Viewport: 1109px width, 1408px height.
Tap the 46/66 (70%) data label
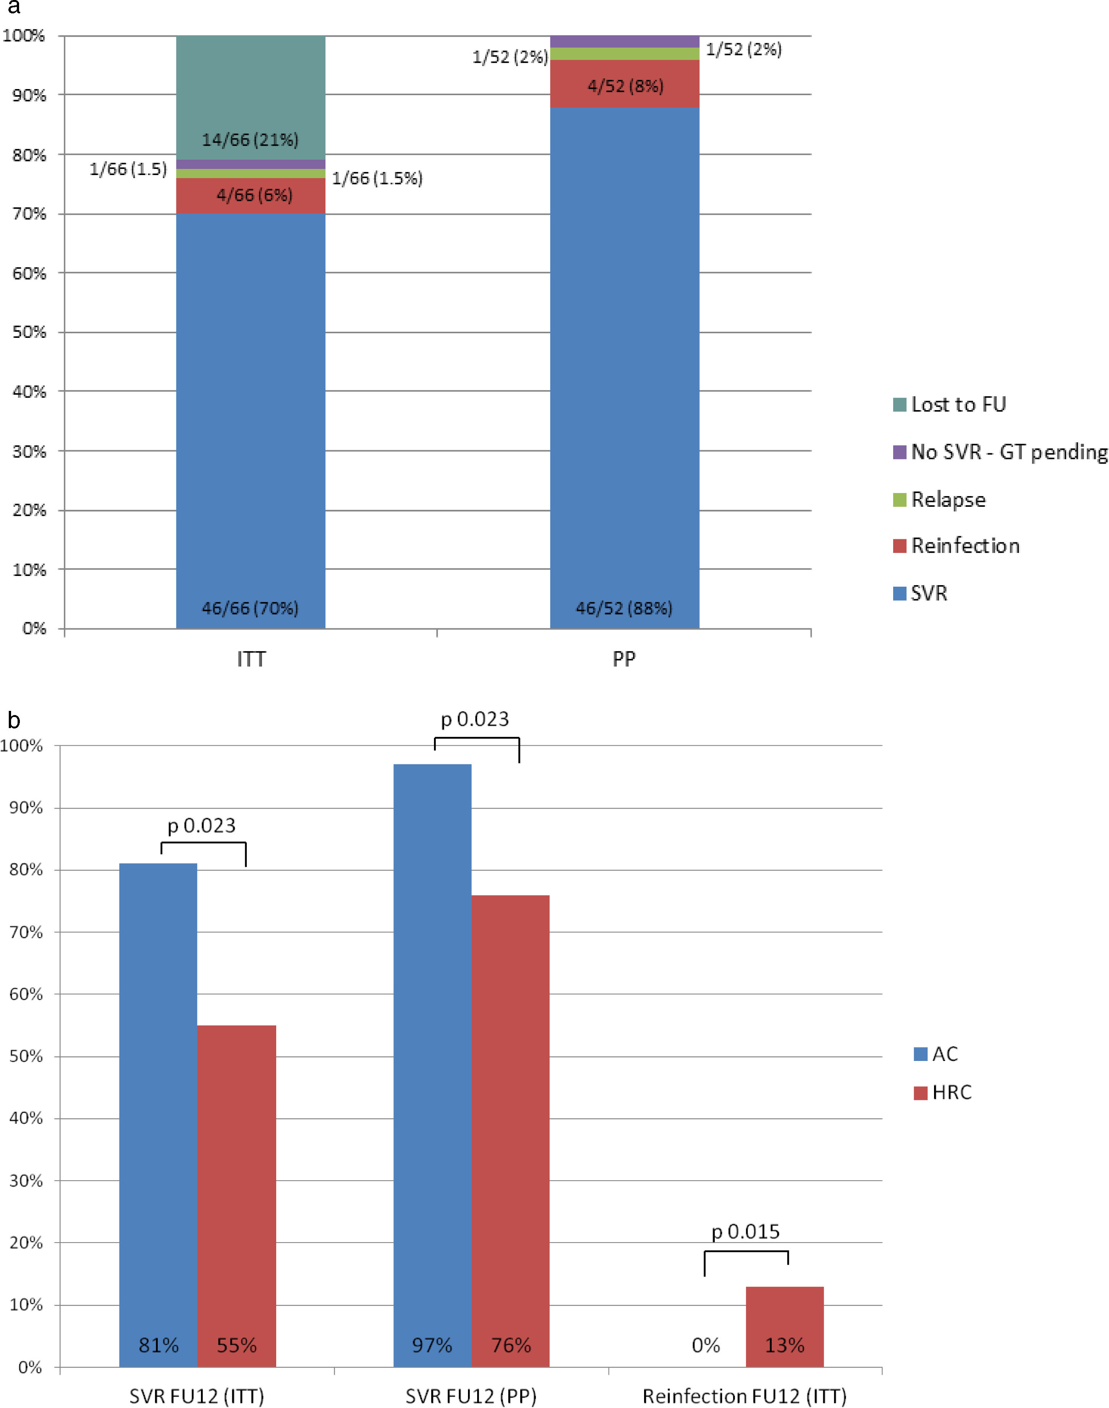point(250,608)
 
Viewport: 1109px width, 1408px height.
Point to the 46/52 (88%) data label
point(624,608)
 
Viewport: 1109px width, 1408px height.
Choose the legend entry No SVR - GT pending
point(1000,452)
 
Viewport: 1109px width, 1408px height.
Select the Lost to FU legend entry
point(950,405)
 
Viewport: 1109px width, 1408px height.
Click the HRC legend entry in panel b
point(943,1092)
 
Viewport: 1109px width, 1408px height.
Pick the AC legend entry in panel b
point(936,1054)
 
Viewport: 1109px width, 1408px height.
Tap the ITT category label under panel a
point(251,659)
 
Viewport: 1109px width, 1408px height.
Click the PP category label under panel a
point(624,659)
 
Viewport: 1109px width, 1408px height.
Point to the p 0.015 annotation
point(745,1231)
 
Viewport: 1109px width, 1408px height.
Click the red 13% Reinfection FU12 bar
point(784,1325)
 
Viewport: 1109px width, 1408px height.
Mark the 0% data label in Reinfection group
point(706,1345)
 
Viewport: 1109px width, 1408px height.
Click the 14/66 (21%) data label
point(250,140)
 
